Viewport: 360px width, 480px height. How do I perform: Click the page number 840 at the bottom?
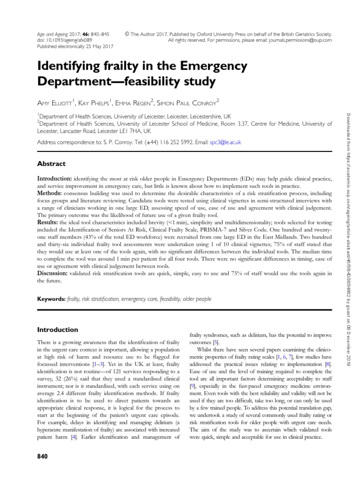tap(43, 457)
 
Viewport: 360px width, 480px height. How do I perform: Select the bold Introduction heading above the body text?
tap(58, 330)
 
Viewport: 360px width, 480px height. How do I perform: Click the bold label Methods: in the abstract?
tap(52, 193)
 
